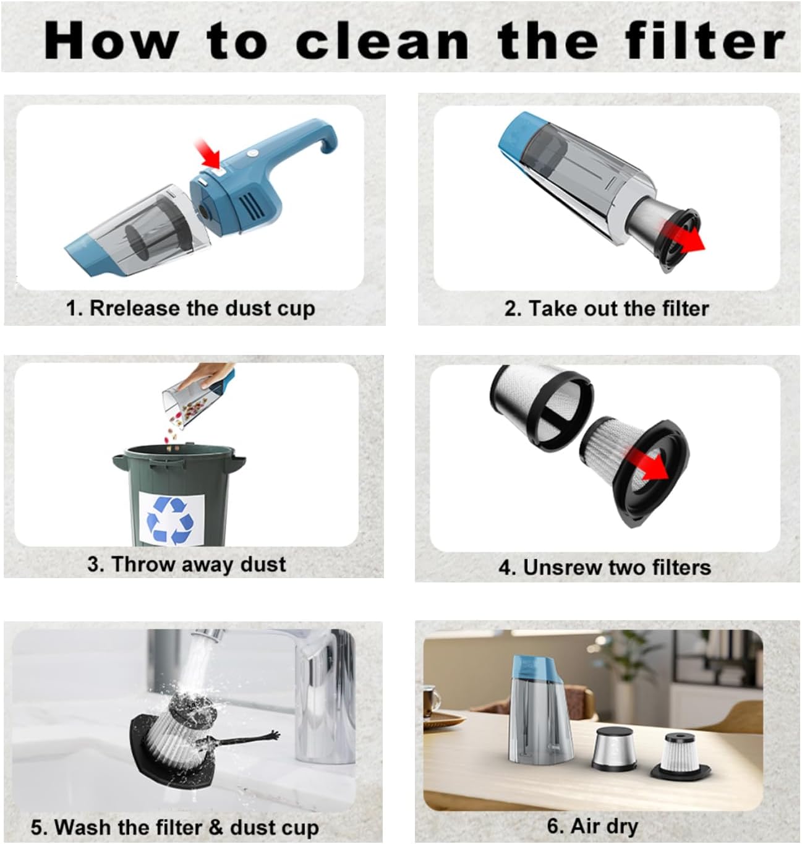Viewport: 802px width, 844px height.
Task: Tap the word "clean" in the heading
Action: [382, 41]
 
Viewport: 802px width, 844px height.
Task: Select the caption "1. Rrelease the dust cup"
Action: [190, 308]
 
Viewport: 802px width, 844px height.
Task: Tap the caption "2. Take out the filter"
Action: [606, 308]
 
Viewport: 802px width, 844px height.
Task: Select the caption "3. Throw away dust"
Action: [186, 564]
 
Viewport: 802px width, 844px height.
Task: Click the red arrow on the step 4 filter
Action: [649, 469]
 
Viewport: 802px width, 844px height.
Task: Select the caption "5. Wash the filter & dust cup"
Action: [174, 827]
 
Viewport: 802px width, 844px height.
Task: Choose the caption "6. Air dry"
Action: [592, 825]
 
